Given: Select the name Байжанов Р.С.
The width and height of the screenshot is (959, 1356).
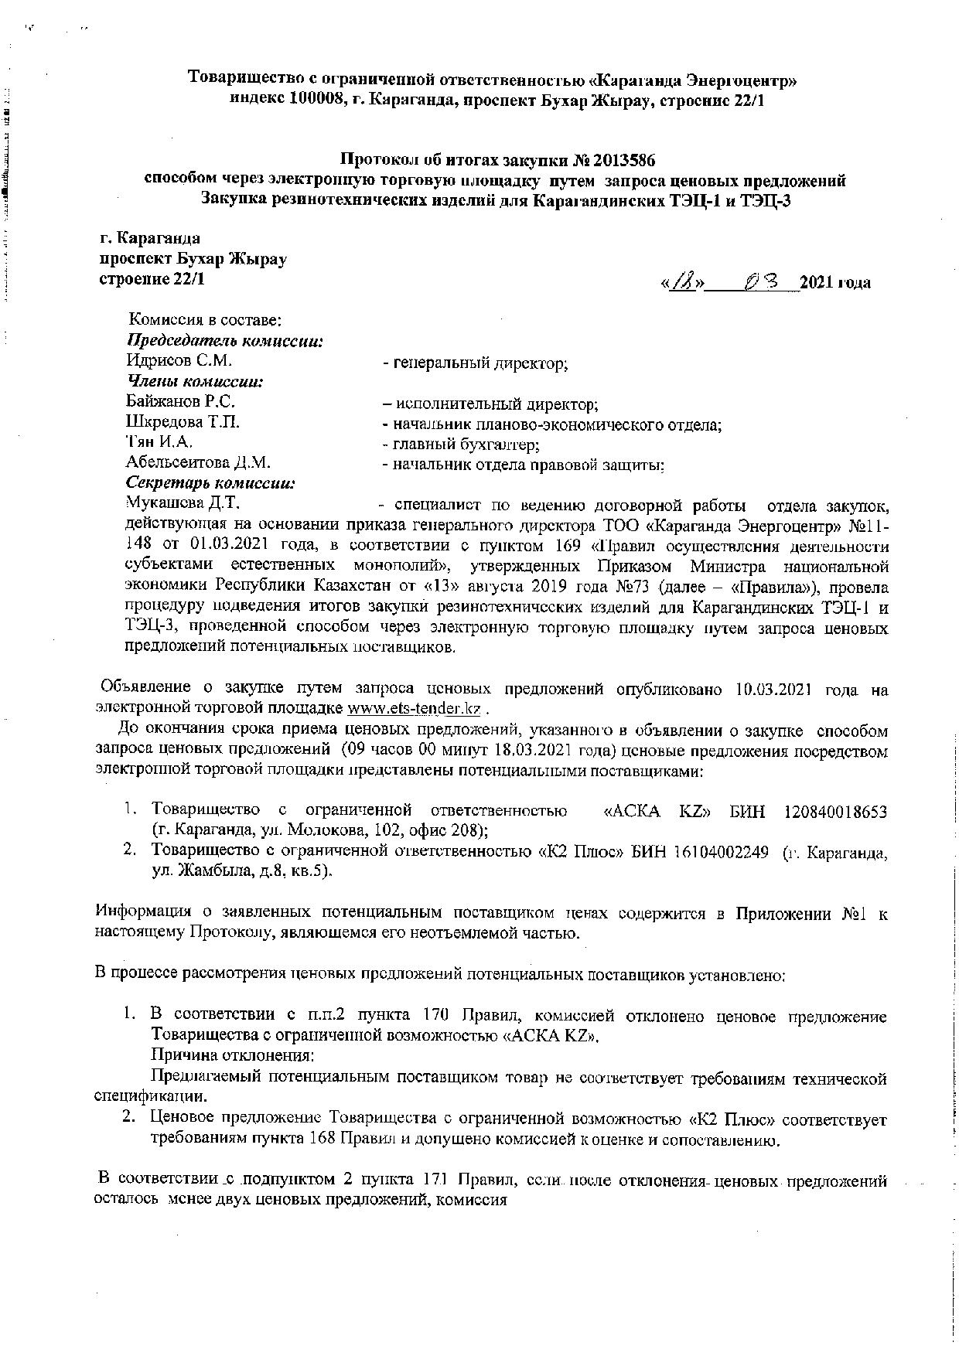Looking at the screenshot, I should [180, 401].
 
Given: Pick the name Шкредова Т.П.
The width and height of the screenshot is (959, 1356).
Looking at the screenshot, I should [183, 421].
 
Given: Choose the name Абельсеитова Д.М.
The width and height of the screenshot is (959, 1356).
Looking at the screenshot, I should [198, 462].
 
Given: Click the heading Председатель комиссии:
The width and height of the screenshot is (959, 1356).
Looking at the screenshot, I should [224, 340].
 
